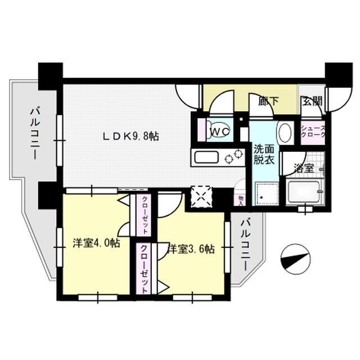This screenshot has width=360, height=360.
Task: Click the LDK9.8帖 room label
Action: [129, 136]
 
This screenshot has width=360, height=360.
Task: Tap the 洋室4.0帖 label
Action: [96, 244]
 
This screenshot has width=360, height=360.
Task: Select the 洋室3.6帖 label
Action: [191, 247]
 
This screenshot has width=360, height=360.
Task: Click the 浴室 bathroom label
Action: [303, 167]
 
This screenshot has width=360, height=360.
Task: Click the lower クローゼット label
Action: [145, 268]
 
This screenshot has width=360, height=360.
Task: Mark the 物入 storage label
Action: [241, 199]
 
